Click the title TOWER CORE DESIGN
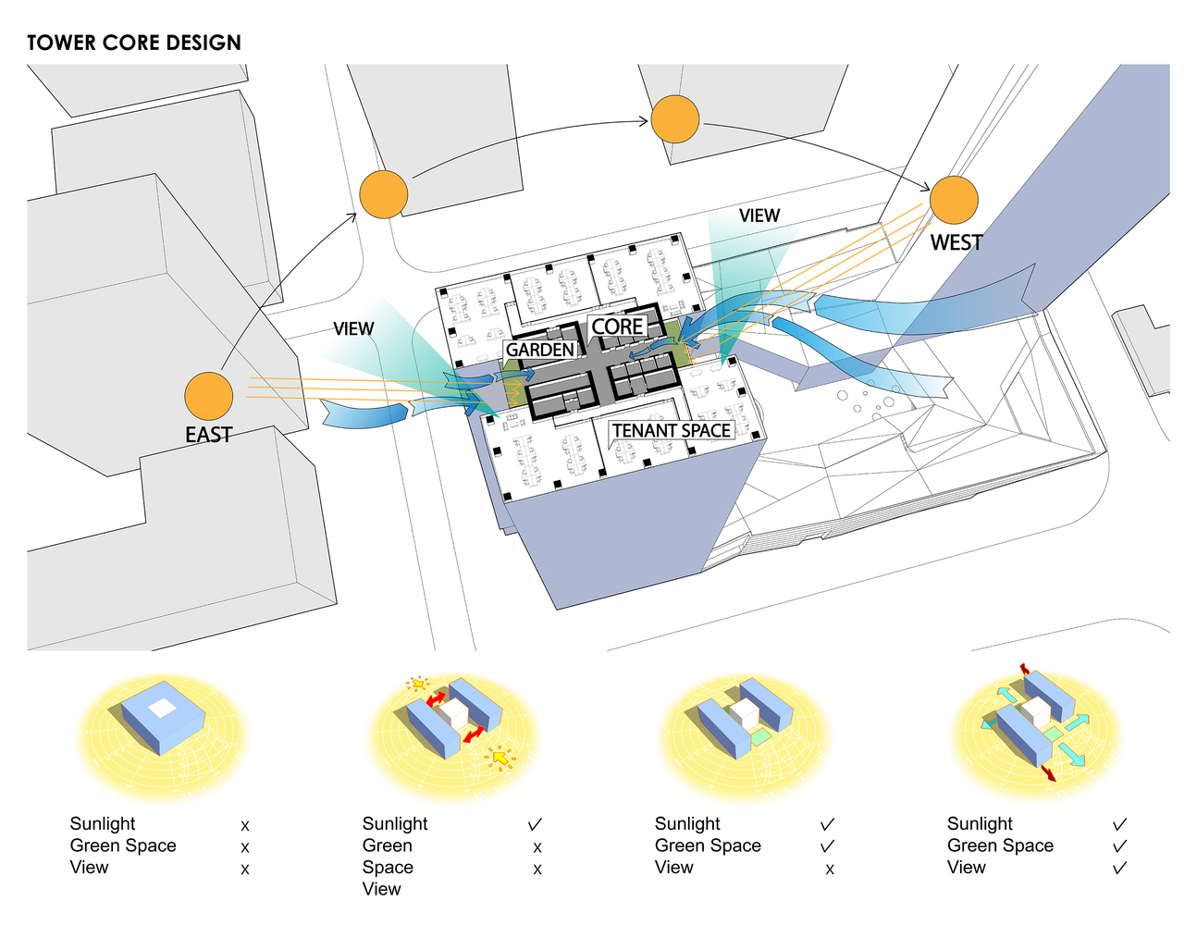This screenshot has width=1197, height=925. (134, 43)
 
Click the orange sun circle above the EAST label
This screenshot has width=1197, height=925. (209, 397)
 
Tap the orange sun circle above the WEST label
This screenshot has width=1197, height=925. (954, 200)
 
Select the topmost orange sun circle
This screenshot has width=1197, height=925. (675, 119)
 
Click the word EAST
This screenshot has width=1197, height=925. (209, 435)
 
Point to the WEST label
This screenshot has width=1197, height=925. (956, 242)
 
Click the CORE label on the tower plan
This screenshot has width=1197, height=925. (617, 327)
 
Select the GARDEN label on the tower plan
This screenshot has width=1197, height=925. (540, 350)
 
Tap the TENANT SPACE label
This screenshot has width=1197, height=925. (672, 430)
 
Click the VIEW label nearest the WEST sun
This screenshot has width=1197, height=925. (759, 216)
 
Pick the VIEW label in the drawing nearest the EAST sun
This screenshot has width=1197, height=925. (353, 328)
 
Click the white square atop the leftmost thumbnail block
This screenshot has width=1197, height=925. (163, 708)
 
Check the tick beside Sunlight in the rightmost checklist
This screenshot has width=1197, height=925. (1120, 824)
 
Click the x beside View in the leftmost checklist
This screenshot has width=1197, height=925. (245, 869)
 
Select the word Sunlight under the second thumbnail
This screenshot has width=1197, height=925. (395, 823)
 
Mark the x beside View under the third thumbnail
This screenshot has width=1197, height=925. (830, 869)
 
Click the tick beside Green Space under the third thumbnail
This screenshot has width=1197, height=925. (827, 845)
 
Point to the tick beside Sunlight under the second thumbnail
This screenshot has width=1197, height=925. (535, 824)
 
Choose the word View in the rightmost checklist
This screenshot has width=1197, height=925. (967, 867)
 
